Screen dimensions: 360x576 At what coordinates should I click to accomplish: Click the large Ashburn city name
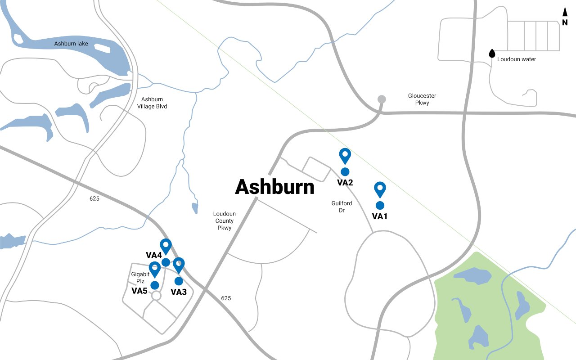pyautogui.click(x=274, y=187)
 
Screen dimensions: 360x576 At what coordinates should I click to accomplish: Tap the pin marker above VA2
pyautogui.click(x=345, y=155)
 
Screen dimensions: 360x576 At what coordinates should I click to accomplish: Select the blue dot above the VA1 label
pyautogui.click(x=380, y=205)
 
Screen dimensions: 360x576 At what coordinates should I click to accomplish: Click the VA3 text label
pyautogui.click(x=179, y=292)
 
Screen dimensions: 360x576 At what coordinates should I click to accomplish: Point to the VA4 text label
pyautogui.click(x=154, y=255)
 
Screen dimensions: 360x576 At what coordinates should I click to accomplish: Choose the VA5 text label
pyautogui.click(x=139, y=291)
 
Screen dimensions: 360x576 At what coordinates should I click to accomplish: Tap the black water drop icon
pyautogui.click(x=492, y=54)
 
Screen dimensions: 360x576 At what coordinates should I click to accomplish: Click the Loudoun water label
pyautogui.click(x=517, y=59)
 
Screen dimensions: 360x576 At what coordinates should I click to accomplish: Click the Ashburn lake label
pyautogui.click(x=71, y=44)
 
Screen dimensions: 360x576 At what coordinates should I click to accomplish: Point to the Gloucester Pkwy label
pyautogui.click(x=422, y=99)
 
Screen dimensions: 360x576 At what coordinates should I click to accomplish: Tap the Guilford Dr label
pyautogui.click(x=342, y=207)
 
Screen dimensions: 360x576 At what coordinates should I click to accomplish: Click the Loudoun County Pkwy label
pyautogui.click(x=224, y=221)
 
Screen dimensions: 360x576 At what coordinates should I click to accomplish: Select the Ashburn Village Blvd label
pyautogui.click(x=152, y=103)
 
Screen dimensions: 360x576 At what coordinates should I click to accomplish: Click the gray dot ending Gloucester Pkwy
pyautogui.click(x=382, y=99)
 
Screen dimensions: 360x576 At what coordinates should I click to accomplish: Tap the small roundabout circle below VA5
pyautogui.click(x=156, y=296)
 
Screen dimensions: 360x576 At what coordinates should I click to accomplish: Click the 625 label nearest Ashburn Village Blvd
pyautogui.click(x=94, y=198)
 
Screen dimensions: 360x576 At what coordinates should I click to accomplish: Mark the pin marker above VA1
pyautogui.click(x=380, y=189)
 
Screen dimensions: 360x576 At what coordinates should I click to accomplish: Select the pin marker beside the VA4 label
pyautogui.click(x=166, y=246)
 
